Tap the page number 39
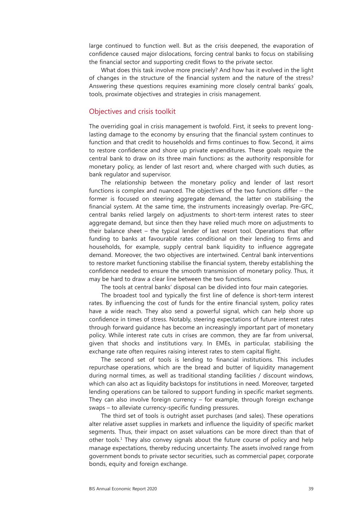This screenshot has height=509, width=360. [x=311, y=489]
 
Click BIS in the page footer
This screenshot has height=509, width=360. [x=93, y=489]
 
